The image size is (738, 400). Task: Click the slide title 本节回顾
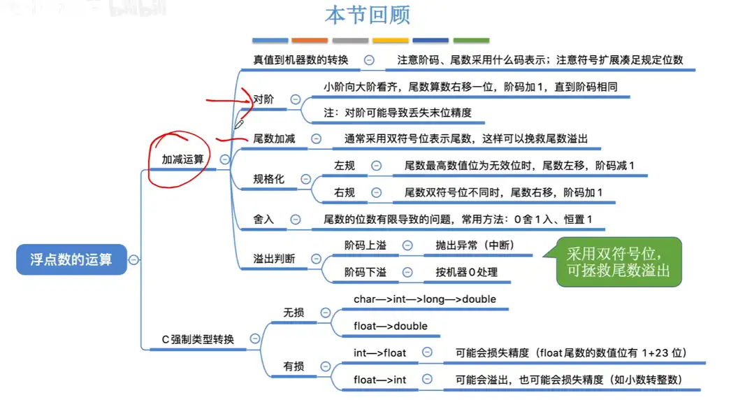coord(367,15)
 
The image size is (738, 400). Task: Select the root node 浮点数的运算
coord(71,259)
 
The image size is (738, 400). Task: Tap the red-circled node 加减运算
coord(183,159)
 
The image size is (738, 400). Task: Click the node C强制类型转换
coord(198,339)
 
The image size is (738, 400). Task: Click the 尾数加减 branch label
coord(274,138)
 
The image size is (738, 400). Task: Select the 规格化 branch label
coord(268,179)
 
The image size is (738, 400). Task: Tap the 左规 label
coord(345,166)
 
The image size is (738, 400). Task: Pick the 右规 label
coord(345,192)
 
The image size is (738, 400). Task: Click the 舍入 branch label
coord(263,220)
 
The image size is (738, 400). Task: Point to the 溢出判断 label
coord(274,259)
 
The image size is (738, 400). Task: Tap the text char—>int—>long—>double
coord(424,299)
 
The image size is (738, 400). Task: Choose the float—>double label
coord(390,326)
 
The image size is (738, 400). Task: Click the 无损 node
coord(294,313)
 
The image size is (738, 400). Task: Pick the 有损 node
coord(294,366)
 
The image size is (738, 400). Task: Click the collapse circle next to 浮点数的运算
coord(133,259)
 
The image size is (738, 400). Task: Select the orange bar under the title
coord(310,41)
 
